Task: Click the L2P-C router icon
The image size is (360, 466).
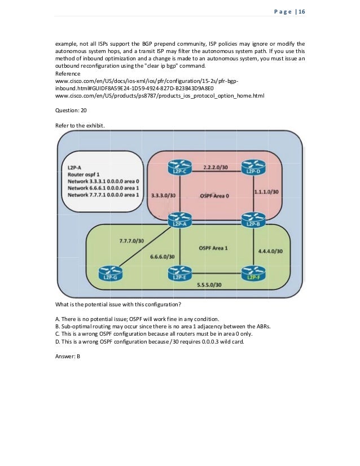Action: pyautogui.click(x=179, y=168)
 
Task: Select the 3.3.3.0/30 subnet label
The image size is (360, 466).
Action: pyautogui.click(x=164, y=196)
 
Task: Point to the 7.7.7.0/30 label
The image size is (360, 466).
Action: pyautogui.click(x=131, y=241)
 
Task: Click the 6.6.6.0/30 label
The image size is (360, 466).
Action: pyautogui.click(x=163, y=257)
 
